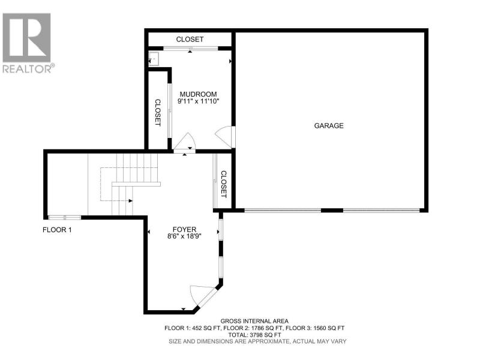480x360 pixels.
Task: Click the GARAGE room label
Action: (329, 125)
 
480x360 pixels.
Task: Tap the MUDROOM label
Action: (198, 94)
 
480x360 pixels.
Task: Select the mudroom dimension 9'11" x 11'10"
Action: (199, 101)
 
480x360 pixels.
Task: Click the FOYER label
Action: (184, 229)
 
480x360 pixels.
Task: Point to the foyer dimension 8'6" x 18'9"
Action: (184, 236)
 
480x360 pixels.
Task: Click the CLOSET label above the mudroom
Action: (190, 39)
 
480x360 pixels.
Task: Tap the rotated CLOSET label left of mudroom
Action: (158, 112)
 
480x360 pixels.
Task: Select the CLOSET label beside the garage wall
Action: (224, 184)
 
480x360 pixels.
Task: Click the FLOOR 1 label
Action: (57, 230)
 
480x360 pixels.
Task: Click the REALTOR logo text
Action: (29, 68)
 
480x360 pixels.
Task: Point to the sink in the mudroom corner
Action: (154, 59)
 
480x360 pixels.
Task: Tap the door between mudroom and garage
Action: (226, 137)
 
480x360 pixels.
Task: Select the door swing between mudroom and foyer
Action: (185, 142)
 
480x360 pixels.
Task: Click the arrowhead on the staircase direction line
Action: (131, 201)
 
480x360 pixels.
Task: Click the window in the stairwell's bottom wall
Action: (65, 218)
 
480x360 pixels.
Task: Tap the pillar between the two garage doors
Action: (332, 211)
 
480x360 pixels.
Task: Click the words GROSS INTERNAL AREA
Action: (254, 321)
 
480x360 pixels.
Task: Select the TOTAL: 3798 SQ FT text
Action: (254, 335)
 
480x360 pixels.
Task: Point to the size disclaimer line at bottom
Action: (257, 341)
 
